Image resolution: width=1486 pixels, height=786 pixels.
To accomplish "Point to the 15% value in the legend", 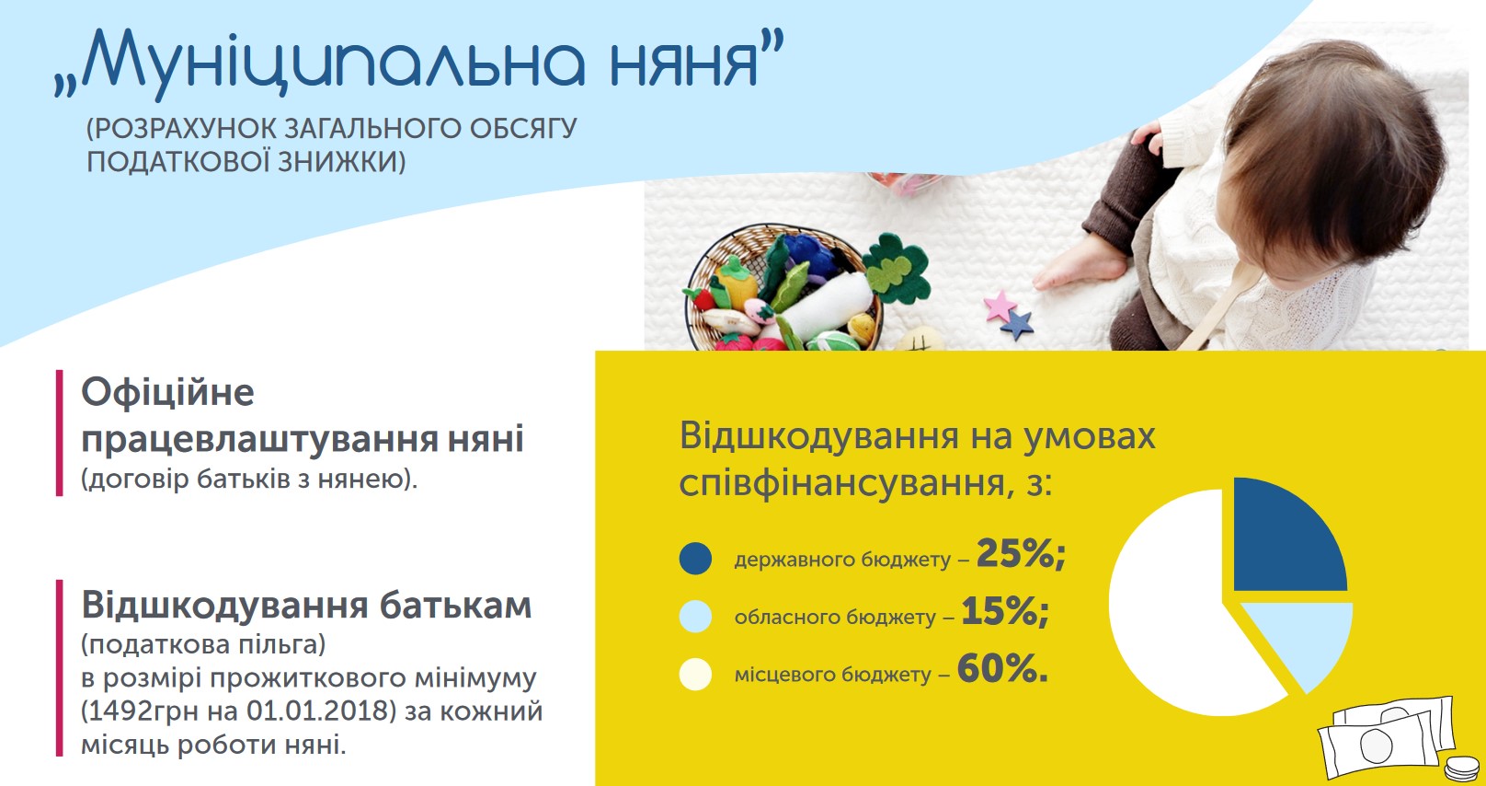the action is click(x=1004, y=611).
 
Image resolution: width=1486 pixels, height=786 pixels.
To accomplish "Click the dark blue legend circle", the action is click(x=695, y=558).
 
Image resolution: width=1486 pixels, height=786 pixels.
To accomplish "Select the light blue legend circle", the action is click(x=695, y=616).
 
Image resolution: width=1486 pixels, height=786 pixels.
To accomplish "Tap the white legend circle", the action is click(x=695, y=674).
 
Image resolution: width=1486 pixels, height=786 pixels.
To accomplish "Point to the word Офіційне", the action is click(x=168, y=392).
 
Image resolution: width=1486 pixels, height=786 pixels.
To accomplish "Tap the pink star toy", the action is click(x=1000, y=306).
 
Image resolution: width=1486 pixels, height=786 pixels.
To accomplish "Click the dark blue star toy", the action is click(x=1017, y=325).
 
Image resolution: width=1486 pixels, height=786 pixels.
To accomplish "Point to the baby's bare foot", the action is click(x=1078, y=263).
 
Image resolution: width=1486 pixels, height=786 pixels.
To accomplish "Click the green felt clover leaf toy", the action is click(x=896, y=269).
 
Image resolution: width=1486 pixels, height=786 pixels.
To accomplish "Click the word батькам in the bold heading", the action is click(x=456, y=606).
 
